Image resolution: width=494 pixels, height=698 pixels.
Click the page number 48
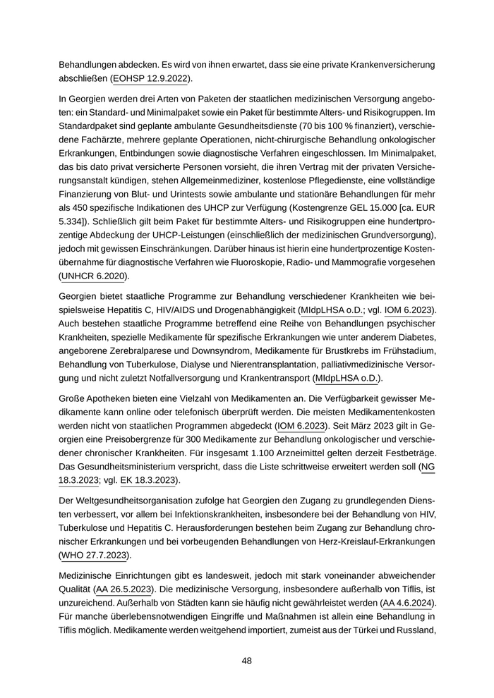(x=246, y=661)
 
